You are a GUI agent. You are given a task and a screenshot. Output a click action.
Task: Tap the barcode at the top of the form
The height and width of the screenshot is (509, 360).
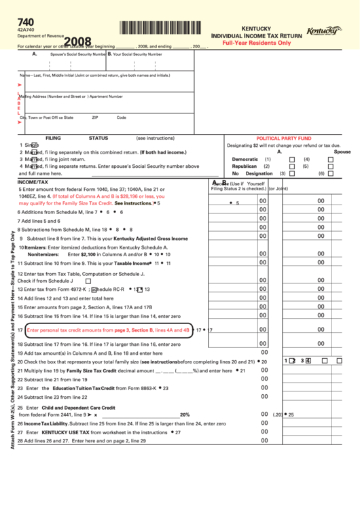[162, 28]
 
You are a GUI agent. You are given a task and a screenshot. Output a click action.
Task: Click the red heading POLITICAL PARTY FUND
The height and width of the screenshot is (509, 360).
[283, 137]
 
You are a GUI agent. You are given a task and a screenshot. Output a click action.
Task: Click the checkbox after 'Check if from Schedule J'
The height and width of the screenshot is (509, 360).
[88, 281]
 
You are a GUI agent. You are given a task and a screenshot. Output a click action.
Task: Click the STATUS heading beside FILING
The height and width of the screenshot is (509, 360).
[98, 137]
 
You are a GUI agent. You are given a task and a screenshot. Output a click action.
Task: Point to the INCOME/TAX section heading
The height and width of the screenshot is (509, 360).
[33, 182]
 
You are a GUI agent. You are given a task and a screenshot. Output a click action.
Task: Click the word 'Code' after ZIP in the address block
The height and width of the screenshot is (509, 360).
[121, 117]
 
